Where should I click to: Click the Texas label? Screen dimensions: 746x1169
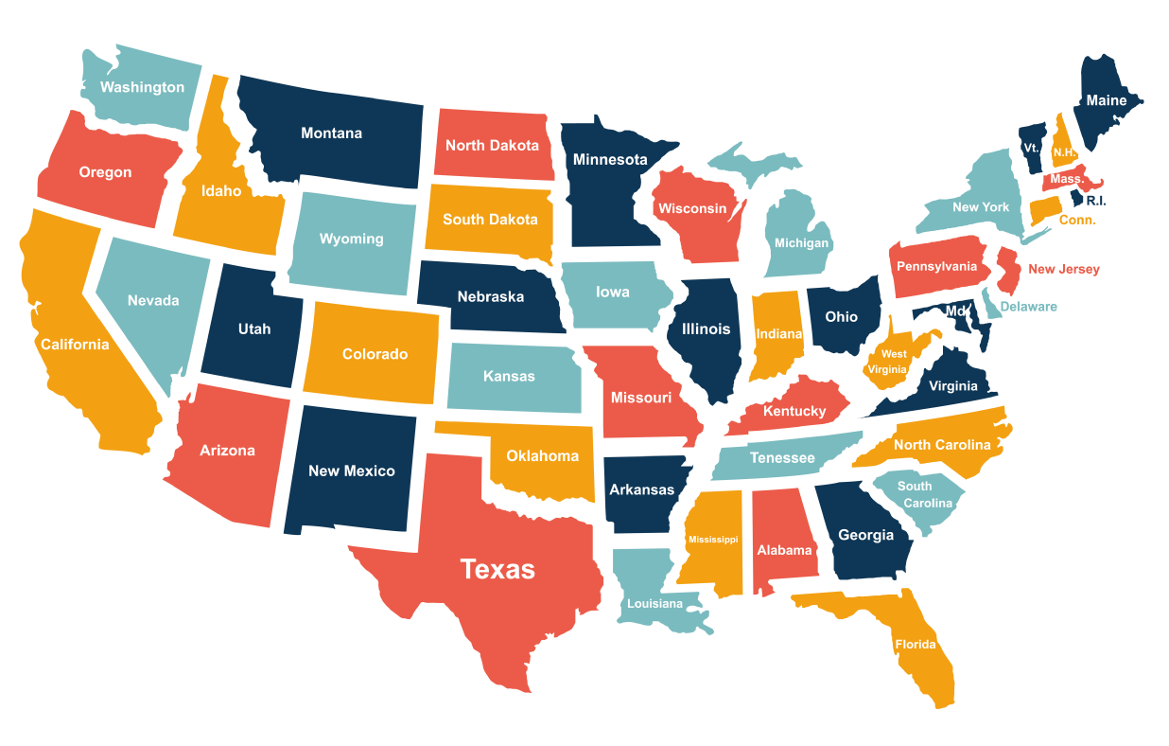point(497,569)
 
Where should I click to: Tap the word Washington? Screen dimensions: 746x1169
point(143,87)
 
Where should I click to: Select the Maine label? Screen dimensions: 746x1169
point(1107,100)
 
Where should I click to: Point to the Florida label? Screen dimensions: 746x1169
point(916,645)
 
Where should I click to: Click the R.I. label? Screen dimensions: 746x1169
point(1096,201)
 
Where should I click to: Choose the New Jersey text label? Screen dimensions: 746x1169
point(1064,269)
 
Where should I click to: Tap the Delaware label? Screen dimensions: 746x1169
point(1029,307)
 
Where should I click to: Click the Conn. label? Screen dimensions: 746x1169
point(1077,220)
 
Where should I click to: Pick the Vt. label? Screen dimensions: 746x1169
point(1031,148)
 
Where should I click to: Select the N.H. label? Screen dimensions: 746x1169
point(1063,152)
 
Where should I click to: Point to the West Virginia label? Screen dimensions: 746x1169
point(894,362)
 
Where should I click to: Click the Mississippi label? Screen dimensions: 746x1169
point(713,540)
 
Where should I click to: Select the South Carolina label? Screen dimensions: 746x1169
point(920,494)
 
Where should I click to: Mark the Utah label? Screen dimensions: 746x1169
point(254,329)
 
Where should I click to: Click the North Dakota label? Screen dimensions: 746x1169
point(492,145)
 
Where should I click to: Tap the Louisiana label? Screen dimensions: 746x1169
point(654,603)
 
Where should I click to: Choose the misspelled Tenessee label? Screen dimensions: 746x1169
point(782,458)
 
